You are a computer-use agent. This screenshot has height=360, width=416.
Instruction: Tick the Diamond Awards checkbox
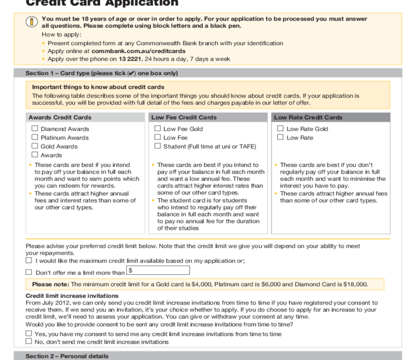pyautogui.click(x=35, y=129)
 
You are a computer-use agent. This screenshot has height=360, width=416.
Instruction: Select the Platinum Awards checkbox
pyautogui.click(x=35, y=137)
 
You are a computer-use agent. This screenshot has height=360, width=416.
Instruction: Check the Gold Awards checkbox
pyautogui.click(x=35, y=146)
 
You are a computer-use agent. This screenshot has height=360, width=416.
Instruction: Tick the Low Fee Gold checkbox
pyautogui.click(x=158, y=129)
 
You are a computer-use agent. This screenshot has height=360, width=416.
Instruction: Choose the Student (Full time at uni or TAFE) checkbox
pyautogui.click(x=158, y=146)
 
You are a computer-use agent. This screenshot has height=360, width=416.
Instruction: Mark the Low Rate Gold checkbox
pyautogui.click(x=281, y=129)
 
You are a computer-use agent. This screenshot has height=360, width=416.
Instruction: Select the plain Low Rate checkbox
pyautogui.click(x=281, y=137)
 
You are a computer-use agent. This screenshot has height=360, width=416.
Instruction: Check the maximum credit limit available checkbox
pyautogui.click(x=29, y=261)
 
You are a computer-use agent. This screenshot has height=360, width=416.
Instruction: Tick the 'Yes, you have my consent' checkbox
pyautogui.click(x=29, y=334)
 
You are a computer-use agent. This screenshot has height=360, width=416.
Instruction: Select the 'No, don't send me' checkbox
pyautogui.click(x=29, y=342)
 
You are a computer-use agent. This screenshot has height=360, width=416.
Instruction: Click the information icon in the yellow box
pyautogui.click(x=31, y=22)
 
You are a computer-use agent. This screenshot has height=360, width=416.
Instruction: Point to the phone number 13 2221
pyautogui.click(x=130, y=59)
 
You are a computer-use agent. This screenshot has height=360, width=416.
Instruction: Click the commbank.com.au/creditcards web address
pyautogui.click(x=130, y=51)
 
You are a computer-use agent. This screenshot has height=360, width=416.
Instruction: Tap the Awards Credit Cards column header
pyautogui.click(x=60, y=118)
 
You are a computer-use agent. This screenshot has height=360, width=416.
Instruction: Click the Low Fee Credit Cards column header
pyautogui.click(x=183, y=118)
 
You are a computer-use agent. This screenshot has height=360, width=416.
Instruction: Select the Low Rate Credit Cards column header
pyautogui.click(x=308, y=118)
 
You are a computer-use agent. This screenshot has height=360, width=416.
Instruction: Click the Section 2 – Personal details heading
pyautogui.click(x=67, y=356)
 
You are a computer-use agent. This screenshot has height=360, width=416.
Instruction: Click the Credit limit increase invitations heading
pyautogui.click(x=72, y=295)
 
